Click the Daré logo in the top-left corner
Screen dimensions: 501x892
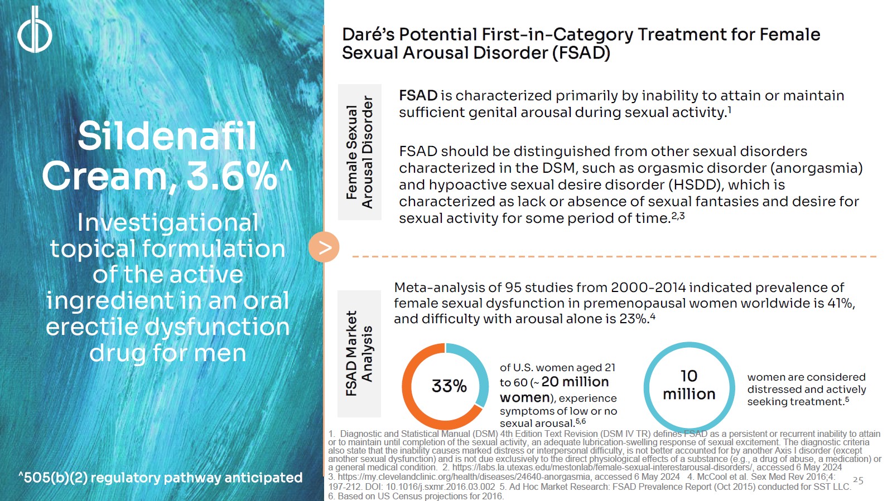(x=35, y=30)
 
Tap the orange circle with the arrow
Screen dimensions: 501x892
(x=324, y=247)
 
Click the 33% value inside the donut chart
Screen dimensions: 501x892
(x=449, y=386)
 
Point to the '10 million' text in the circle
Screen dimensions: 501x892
(x=689, y=385)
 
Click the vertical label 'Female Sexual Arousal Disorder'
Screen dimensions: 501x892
(x=359, y=152)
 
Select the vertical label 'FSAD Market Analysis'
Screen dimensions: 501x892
(x=359, y=353)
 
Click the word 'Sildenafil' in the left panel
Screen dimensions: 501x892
(x=167, y=136)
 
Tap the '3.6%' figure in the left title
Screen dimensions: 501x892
(x=232, y=176)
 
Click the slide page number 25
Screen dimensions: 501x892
(x=858, y=480)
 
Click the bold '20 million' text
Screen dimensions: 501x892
(x=575, y=382)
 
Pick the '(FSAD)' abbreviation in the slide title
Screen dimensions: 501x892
(x=581, y=53)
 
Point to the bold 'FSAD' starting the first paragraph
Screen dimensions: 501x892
(x=418, y=96)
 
